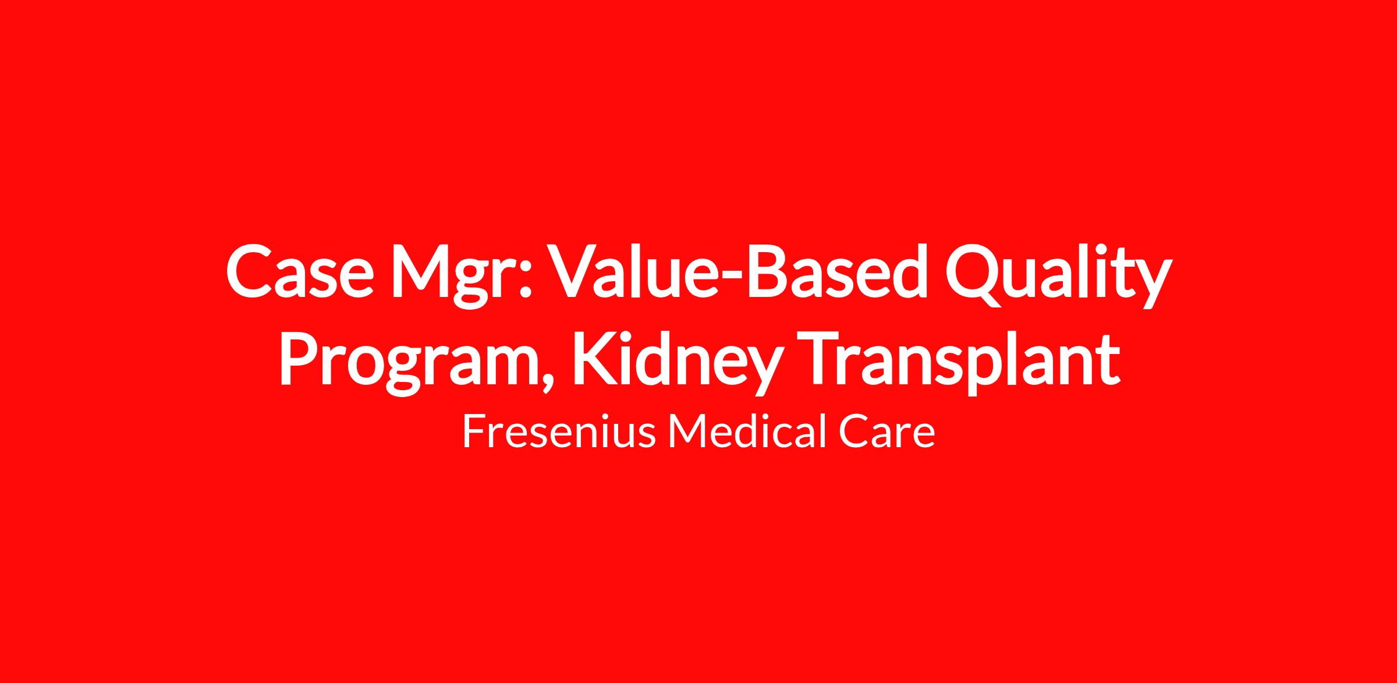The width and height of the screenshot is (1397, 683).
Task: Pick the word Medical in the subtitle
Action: tap(746, 432)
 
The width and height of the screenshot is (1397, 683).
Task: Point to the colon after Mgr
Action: tap(526, 281)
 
